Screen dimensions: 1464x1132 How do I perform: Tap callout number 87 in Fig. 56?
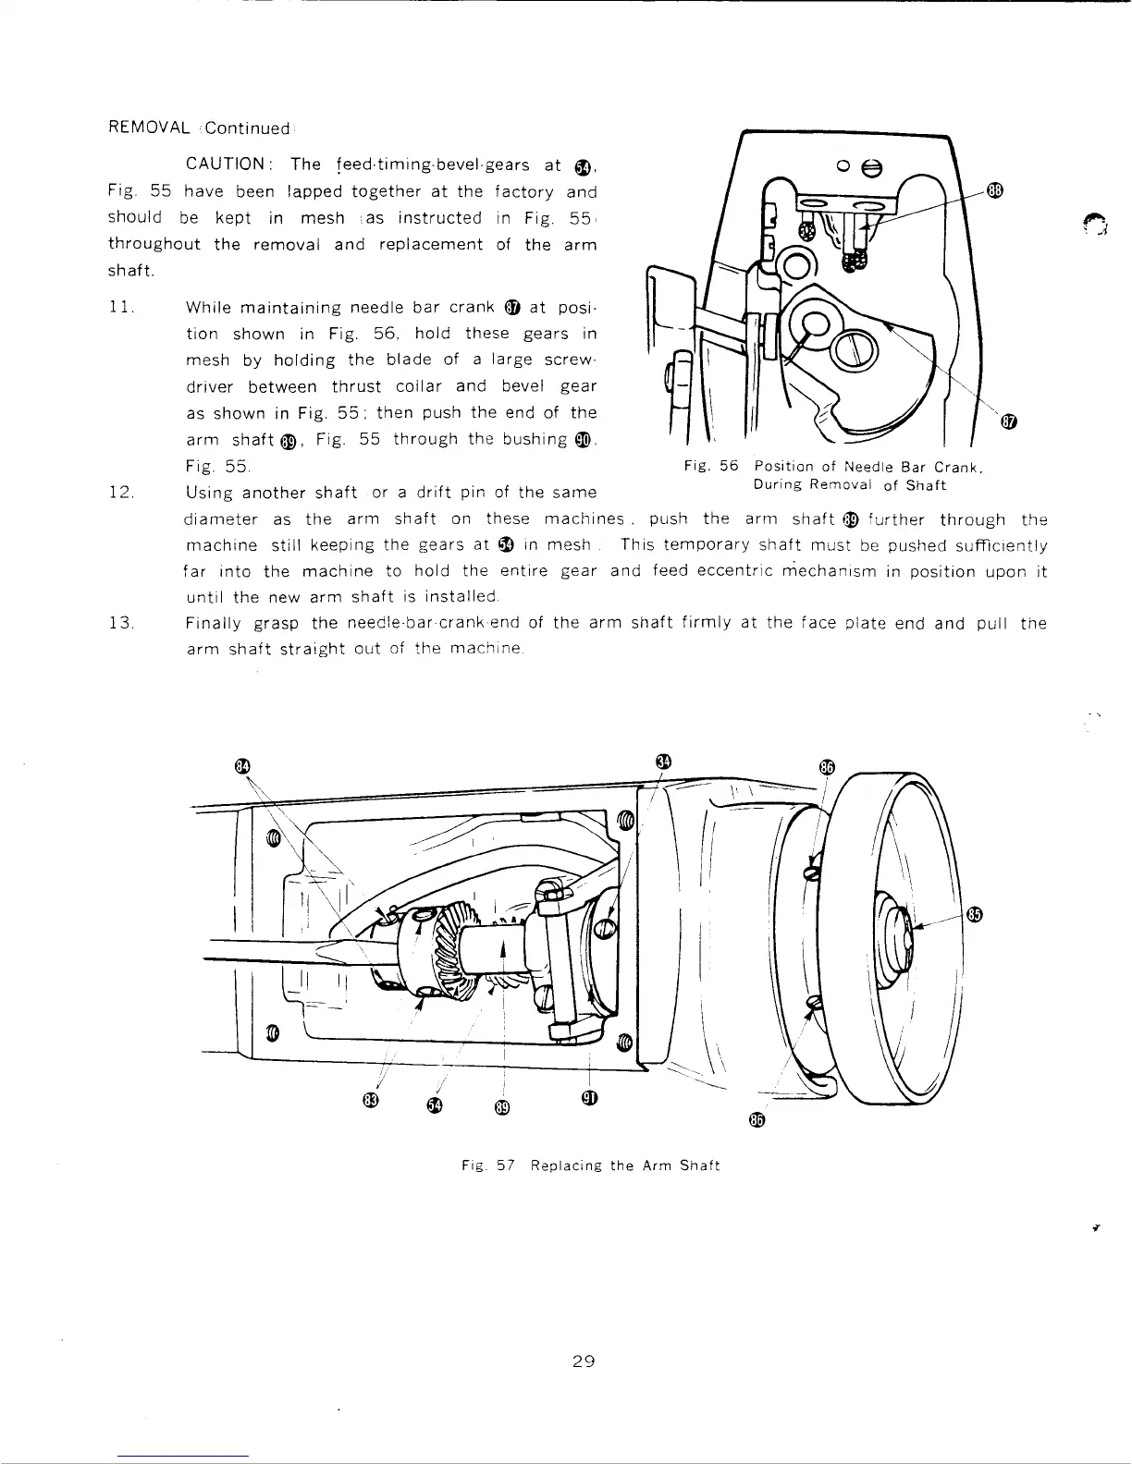[x=1009, y=423]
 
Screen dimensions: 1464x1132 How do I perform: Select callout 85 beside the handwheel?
[x=974, y=915]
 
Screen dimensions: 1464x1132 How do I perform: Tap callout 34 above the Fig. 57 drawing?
[x=662, y=762]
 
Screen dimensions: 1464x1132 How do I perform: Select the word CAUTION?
[x=227, y=165]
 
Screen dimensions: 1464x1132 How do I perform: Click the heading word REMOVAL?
[x=149, y=128]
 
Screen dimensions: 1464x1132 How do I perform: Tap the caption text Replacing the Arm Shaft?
[x=624, y=1165]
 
